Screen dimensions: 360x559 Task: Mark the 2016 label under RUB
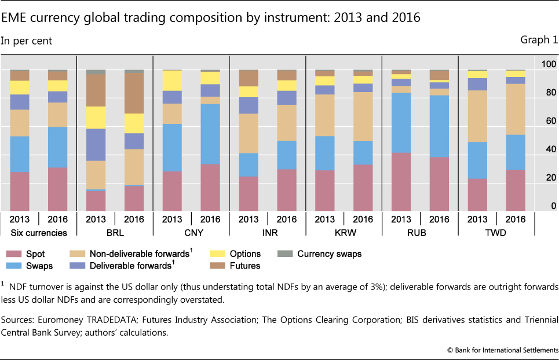[440, 219]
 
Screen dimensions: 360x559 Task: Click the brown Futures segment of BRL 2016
[134, 93]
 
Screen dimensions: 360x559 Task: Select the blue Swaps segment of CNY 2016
[210, 134]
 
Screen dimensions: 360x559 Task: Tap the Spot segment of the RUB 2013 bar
[401, 181]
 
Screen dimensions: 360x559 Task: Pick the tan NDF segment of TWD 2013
[478, 116]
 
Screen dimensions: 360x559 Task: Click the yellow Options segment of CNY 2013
[172, 80]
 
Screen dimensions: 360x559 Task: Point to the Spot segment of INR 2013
[249, 193]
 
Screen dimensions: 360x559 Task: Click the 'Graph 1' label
[539, 40]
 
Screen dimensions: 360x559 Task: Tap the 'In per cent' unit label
[27, 41]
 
